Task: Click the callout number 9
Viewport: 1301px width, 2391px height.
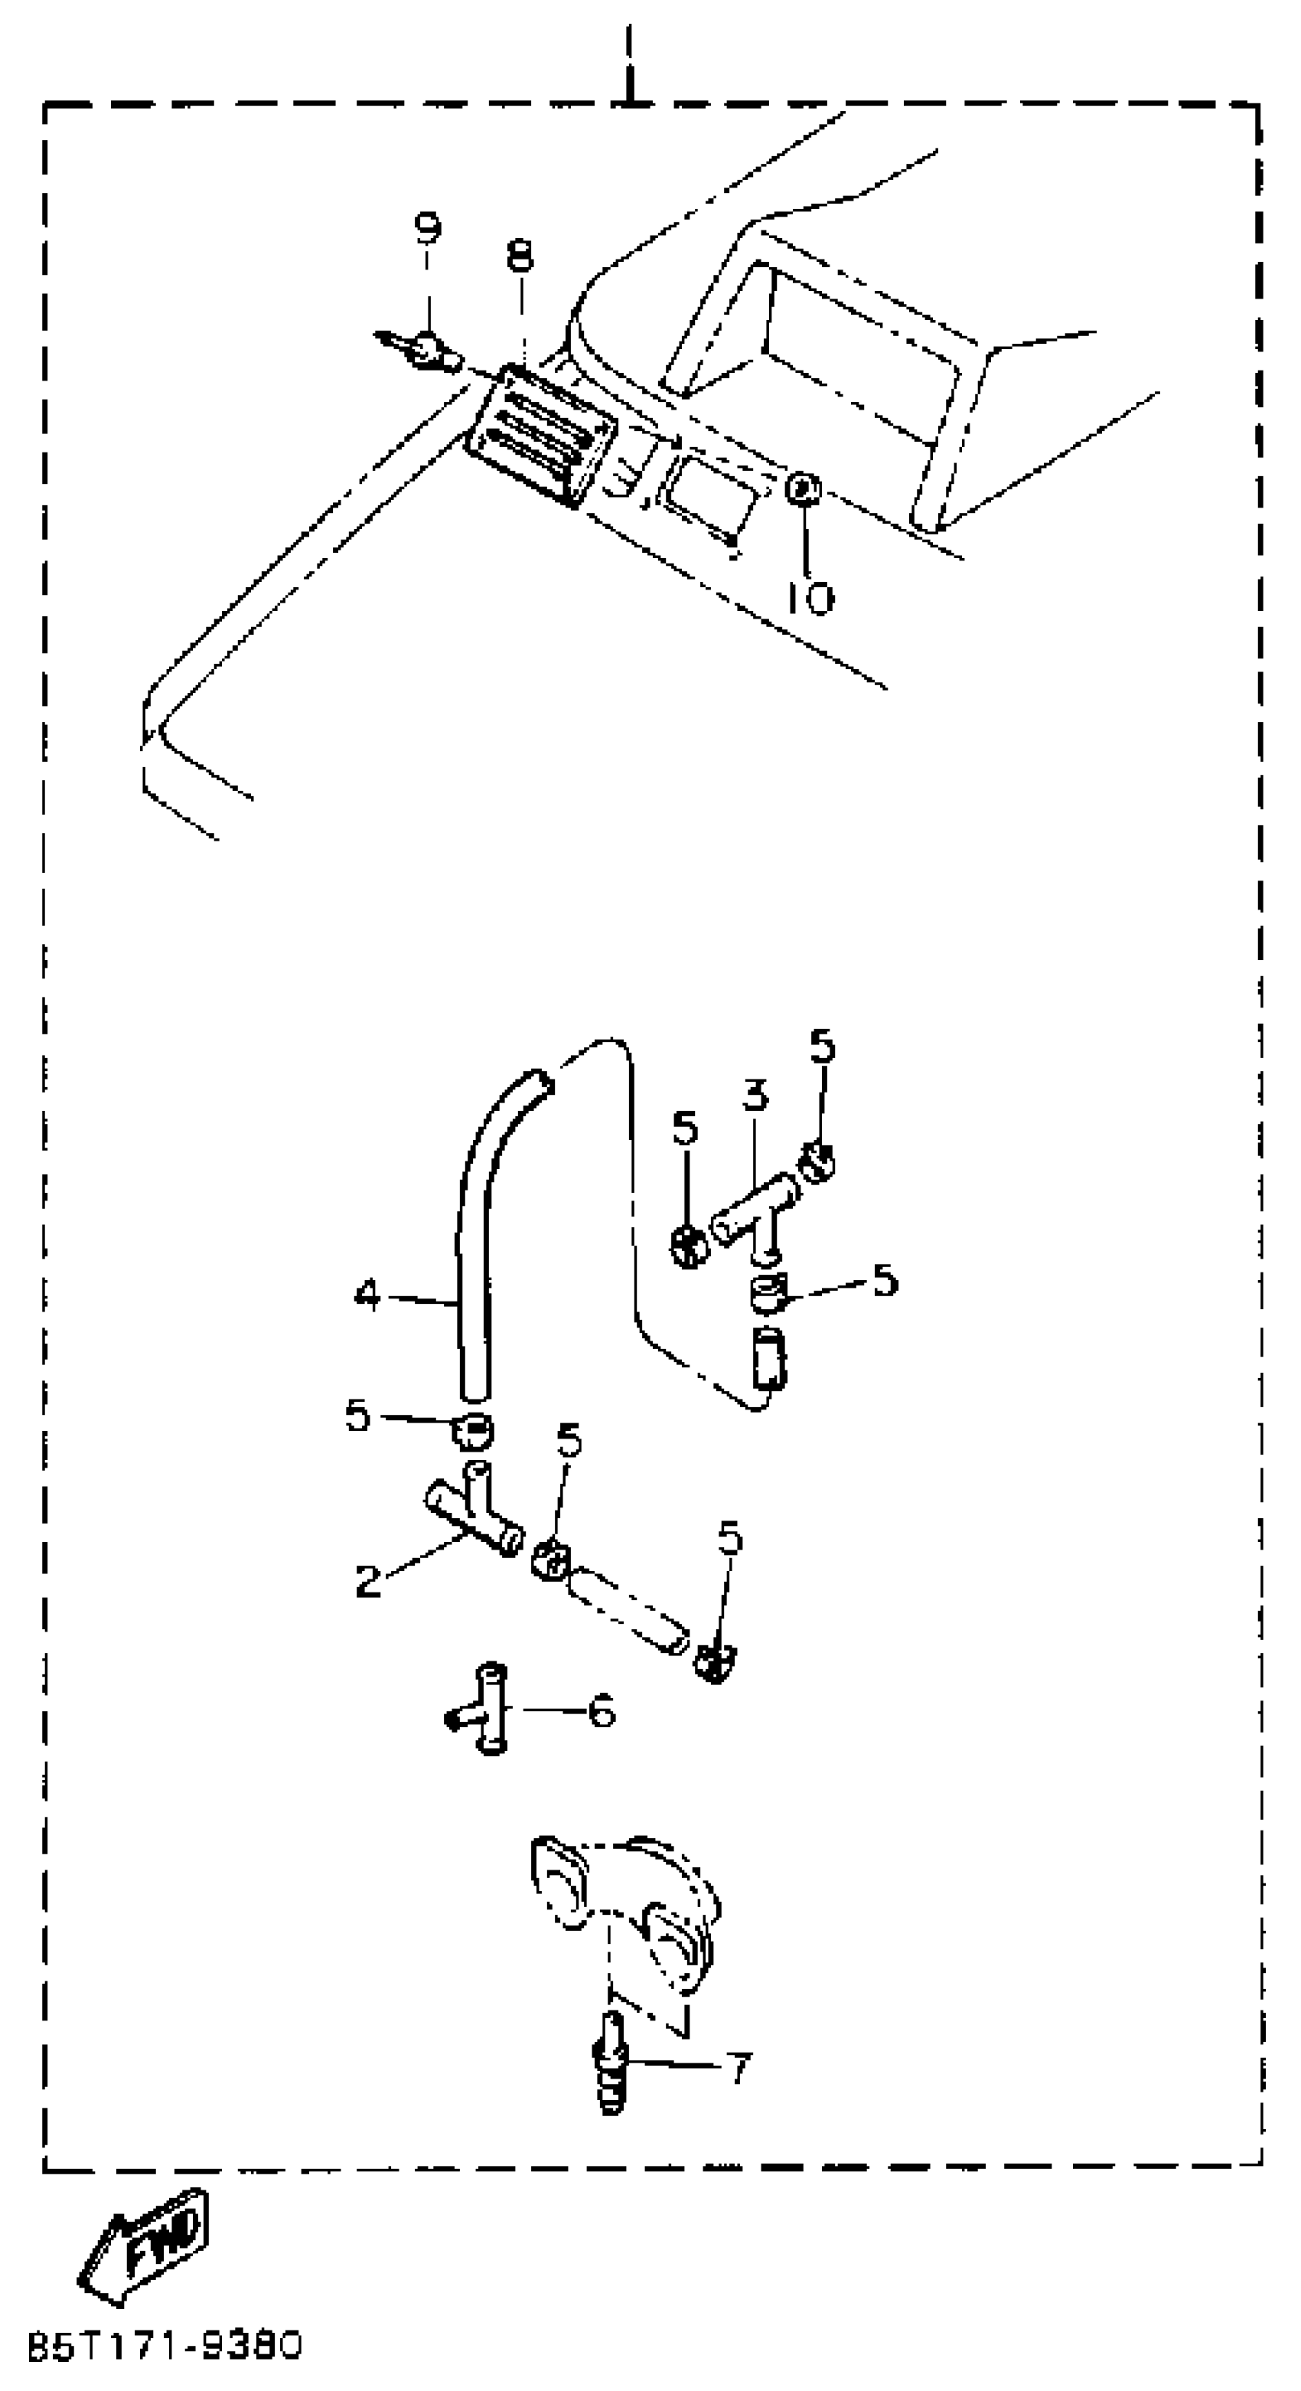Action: [x=427, y=227]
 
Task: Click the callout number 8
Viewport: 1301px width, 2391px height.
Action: [x=520, y=255]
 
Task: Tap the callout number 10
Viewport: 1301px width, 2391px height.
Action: [x=810, y=599]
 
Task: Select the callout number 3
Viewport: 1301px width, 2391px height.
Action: [x=755, y=1096]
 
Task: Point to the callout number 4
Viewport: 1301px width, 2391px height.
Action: [x=367, y=1295]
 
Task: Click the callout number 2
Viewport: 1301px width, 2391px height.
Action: [x=368, y=1581]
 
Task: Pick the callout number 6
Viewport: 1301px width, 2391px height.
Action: [x=602, y=1710]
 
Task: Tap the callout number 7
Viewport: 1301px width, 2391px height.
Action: [x=738, y=2068]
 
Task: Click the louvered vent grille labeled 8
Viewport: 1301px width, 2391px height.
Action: [x=541, y=433]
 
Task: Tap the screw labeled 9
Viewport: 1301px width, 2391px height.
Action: [x=427, y=351]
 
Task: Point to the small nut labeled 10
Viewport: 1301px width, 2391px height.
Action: [x=802, y=487]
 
